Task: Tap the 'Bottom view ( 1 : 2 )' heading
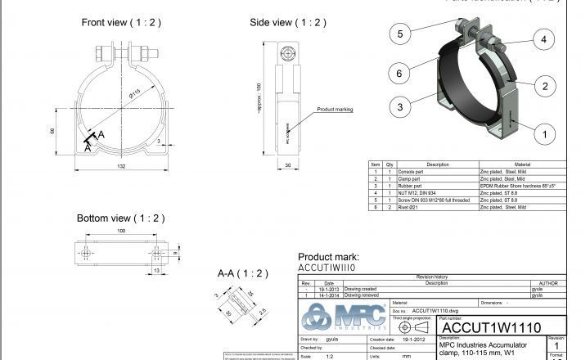(120, 218)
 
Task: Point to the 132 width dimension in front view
(122, 167)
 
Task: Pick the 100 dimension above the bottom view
(120, 232)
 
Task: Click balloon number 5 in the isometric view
(400, 34)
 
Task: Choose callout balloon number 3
(400, 106)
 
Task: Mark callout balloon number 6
(400, 74)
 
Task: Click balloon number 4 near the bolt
(543, 38)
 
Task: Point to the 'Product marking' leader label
(335, 109)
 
